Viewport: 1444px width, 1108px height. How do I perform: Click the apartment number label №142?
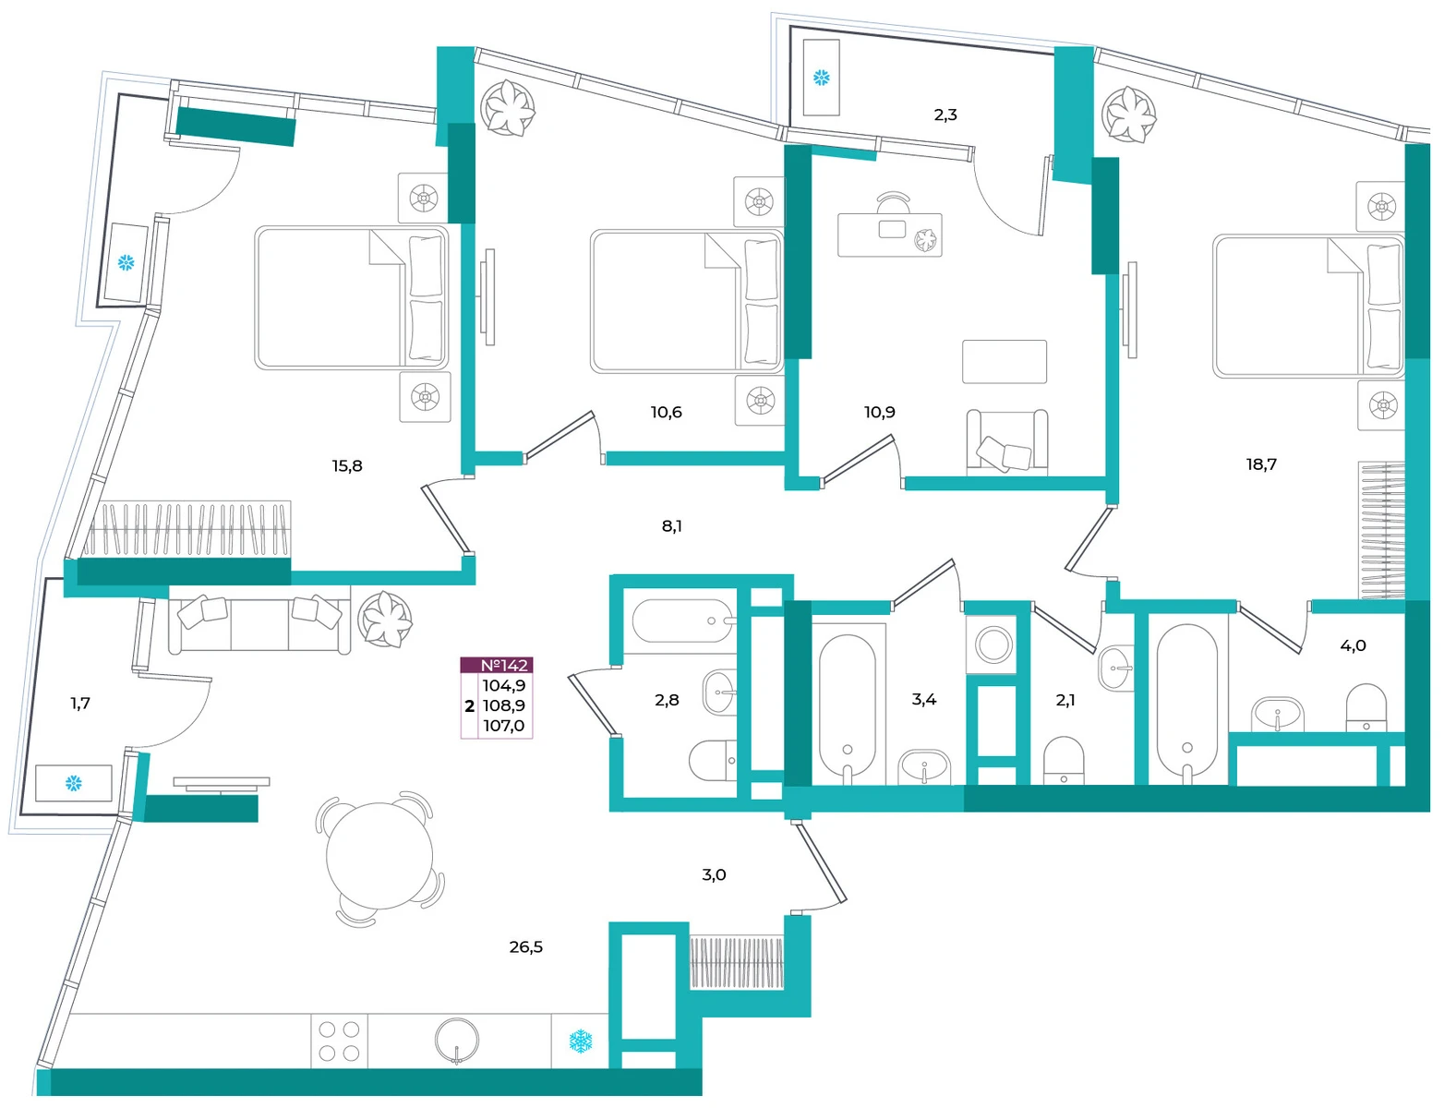[504, 665]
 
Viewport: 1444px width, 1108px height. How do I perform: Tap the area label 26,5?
[525, 947]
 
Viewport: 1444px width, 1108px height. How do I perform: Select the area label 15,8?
[347, 466]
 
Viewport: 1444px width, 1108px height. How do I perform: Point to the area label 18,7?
[1260, 464]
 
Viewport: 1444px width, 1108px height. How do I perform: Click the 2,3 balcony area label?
[945, 114]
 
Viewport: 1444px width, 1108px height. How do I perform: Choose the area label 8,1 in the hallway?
[671, 527]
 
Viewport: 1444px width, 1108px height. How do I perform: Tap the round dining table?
[379, 856]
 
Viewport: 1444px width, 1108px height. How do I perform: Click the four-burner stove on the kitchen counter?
[339, 1041]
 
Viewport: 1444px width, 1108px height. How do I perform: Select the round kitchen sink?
[456, 1041]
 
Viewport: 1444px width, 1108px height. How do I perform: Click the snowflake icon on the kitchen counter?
[580, 1041]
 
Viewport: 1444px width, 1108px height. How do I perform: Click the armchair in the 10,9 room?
[1006, 441]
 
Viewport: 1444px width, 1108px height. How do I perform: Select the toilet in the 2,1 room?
[1064, 761]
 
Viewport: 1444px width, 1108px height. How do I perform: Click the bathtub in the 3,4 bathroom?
[847, 706]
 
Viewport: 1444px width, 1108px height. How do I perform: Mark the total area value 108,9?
[504, 705]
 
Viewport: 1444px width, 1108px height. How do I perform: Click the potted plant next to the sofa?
[385, 620]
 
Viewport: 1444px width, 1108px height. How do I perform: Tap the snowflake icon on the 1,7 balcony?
[73, 784]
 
